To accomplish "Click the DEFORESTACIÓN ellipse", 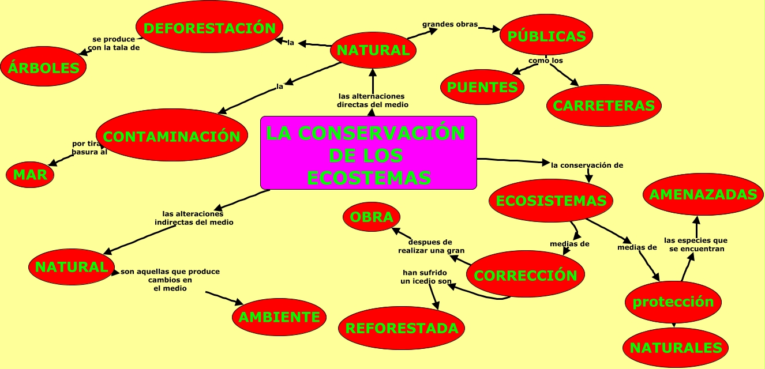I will (209, 27).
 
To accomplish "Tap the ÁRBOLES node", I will (43, 67).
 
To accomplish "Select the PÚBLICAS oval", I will (546, 36).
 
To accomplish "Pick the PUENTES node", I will (482, 88).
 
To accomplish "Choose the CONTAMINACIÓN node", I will (172, 136).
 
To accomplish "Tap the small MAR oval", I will (30, 174).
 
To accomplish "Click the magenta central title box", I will (369, 153).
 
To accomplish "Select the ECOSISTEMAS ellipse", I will (551, 200).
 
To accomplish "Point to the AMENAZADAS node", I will (703, 194).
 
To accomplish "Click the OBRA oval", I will (372, 217).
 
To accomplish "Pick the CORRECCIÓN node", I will (525, 275).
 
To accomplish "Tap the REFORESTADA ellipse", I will (402, 328).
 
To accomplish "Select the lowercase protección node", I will (673, 302).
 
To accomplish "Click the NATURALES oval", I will (676, 348).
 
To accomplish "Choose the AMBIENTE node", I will (279, 317).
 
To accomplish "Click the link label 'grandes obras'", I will (450, 25).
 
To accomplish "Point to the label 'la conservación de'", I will (587, 165).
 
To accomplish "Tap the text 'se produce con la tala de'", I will (114, 44).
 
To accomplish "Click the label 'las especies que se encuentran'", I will (696, 244).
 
